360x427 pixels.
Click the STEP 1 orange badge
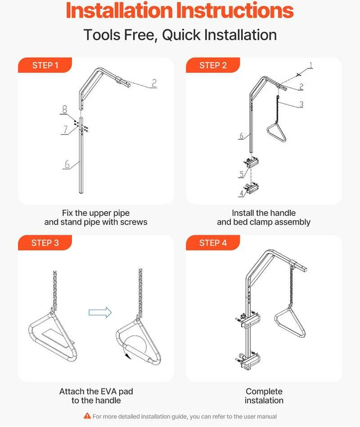pyautogui.click(x=45, y=65)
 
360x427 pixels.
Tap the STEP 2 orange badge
pyautogui.click(x=213, y=65)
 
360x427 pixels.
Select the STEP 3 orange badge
pyautogui.click(x=45, y=243)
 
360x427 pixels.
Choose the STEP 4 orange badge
pyautogui.click(x=213, y=243)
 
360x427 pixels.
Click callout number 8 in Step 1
pyautogui.click(x=64, y=109)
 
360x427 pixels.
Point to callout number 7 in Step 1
pyautogui.click(x=65, y=129)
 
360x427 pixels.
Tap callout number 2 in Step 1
pyautogui.click(x=154, y=83)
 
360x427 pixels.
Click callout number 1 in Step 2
pyautogui.click(x=310, y=65)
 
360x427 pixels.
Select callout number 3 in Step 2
pyautogui.click(x=301, y=104)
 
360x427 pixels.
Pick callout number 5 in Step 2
pyautogui.click(x=241, y=174)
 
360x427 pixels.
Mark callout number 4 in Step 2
pyautogui.click(x=241, y=193)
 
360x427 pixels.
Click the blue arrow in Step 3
pyautogui.click(x=100, y=312)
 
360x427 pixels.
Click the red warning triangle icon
pyautogui.click(x=87, y=416)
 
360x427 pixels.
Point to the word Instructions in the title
pyautogui.click(x=235, y=10)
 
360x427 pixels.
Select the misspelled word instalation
pyautogui.click(x=264, y=400)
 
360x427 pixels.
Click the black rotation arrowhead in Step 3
pyautogui.click(x=126, y=355)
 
